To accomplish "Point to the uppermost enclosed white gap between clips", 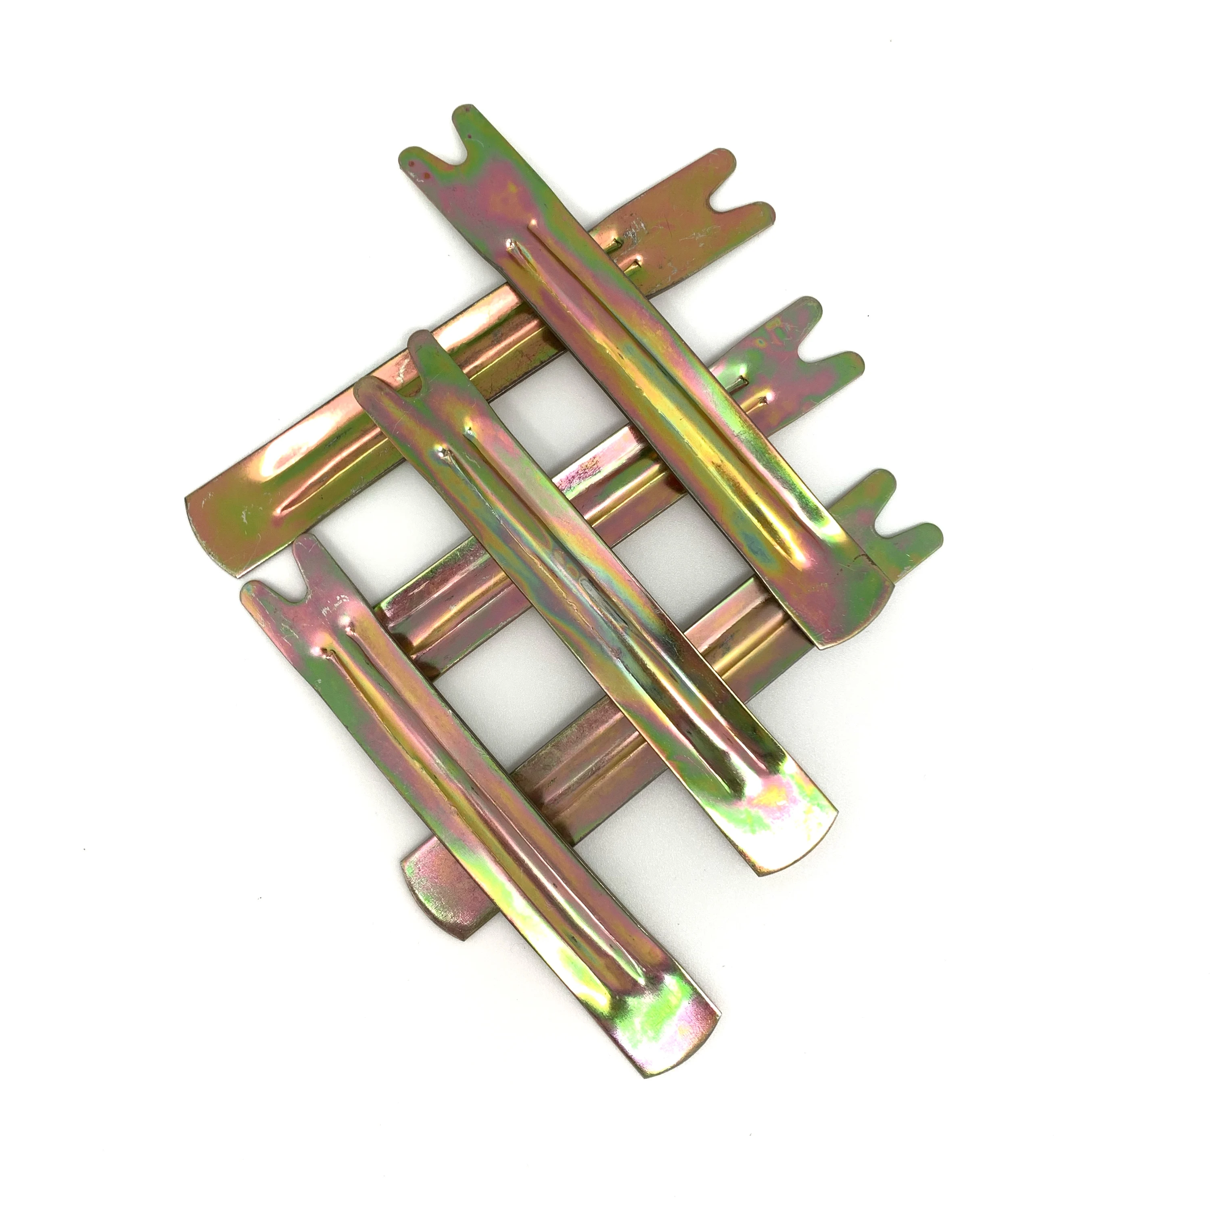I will coord(531,417).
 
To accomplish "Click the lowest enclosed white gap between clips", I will coord(480,714).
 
